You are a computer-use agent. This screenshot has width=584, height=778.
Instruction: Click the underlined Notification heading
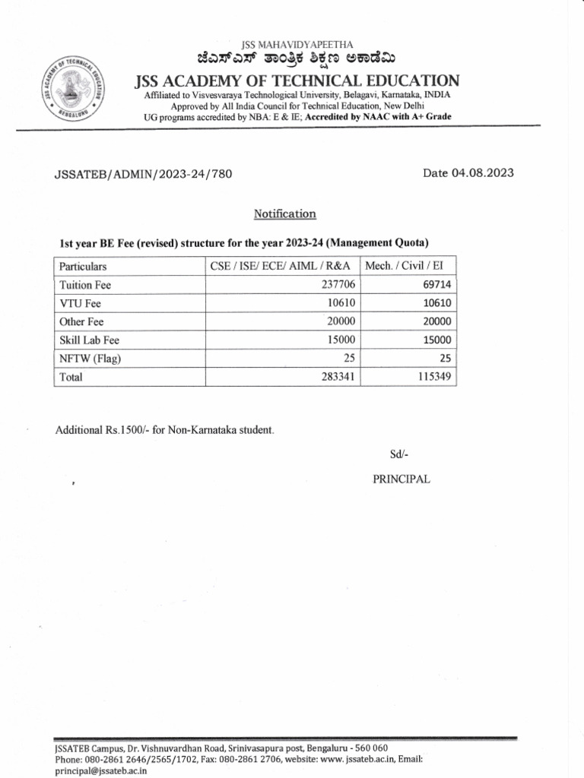[285, 214]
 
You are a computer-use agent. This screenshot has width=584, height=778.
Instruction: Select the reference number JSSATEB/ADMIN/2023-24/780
[143, 174]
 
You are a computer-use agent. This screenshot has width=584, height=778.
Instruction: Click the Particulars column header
[83, 267]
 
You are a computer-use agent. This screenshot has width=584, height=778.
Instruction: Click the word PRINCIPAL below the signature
[401, 479]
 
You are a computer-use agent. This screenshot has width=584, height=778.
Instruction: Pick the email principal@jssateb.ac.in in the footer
[100, 770]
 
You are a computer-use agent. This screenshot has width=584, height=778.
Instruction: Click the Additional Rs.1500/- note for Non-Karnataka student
[164, 430]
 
